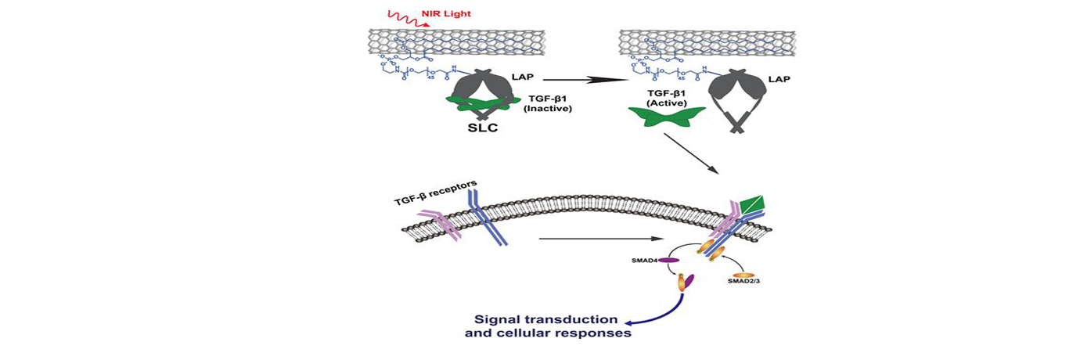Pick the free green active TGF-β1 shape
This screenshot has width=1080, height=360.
coord(667,117)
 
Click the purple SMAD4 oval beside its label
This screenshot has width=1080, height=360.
coord(668,259)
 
